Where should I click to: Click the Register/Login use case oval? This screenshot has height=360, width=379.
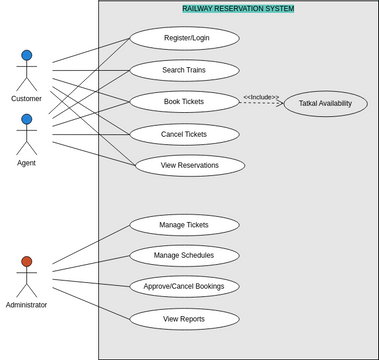(x=184, y=39)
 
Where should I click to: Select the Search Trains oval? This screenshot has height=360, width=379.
(x=184, y=71)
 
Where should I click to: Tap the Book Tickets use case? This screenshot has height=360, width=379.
(x=184, y=102)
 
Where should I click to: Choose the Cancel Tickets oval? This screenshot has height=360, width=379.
(x=184, y=134)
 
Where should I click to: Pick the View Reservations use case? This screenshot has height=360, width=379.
(x=190, y=165)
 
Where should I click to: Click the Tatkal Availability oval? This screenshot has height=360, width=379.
(x=325, y=104)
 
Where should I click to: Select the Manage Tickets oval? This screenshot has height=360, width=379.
(x=184, y=225)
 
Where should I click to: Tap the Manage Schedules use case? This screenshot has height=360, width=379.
(x=184, y=255)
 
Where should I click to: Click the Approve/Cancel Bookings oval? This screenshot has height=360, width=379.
(x=184, y=286)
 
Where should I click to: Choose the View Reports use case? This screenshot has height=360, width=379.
(x=184, y=319)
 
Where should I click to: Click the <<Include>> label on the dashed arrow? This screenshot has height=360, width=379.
(x=261, y=97)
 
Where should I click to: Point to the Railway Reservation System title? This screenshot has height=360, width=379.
(x=238, y=8)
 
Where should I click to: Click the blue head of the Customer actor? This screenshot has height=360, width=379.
(x=27, y=56)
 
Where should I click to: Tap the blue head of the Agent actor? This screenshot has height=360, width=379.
(x=27, y=119)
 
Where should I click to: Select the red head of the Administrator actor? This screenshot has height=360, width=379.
(x=27, y=262)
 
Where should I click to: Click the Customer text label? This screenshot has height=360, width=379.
(x=27, y=99)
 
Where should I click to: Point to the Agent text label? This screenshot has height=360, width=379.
(x=27, y=162)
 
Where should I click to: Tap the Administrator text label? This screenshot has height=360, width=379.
(x=27, y=305)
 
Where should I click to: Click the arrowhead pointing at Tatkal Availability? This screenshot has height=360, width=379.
(x=281, y=103)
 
